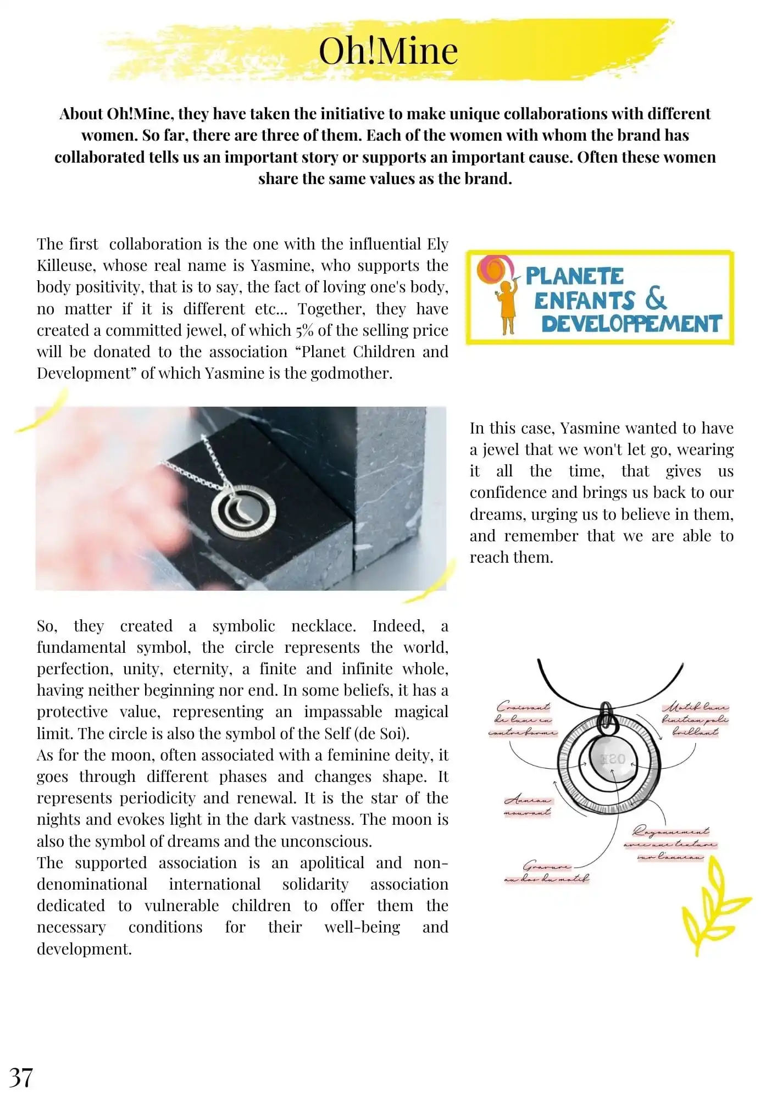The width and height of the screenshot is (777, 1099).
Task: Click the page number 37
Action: [21, 1078]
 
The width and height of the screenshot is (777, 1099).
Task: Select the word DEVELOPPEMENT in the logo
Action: [631, 324]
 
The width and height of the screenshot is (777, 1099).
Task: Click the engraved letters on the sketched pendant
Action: [613, 759]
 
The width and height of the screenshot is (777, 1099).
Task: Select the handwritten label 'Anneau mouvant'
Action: [528, 806]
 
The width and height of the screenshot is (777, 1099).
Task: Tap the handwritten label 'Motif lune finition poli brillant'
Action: [696, 719]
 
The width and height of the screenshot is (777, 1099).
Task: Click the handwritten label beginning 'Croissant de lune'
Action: [523, 719]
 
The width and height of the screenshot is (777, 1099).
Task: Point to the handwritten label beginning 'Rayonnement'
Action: [671, 844]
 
